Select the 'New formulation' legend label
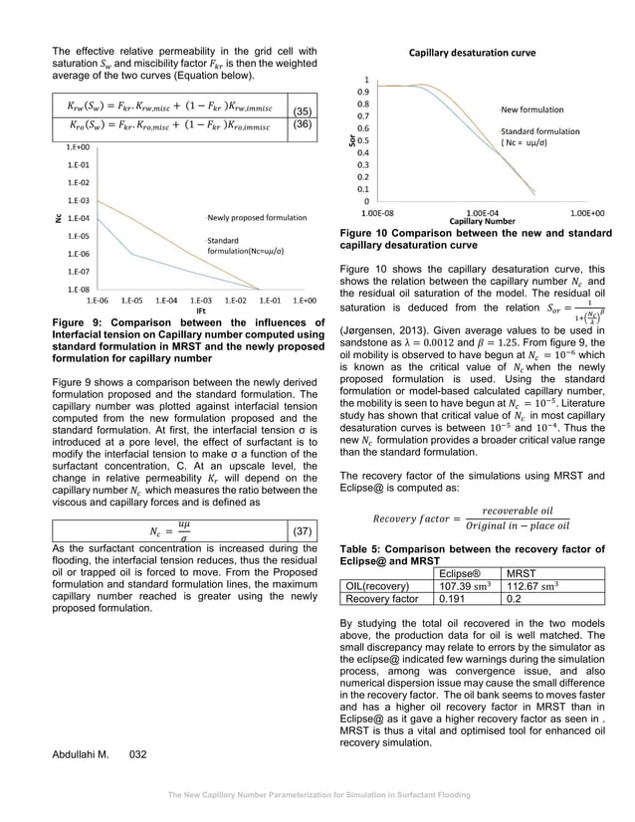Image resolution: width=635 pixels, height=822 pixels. [x=531, y=108]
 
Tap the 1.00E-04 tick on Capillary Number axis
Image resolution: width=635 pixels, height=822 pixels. [x=481, y=212]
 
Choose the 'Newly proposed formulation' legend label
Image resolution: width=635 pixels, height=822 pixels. [x=257, y=217]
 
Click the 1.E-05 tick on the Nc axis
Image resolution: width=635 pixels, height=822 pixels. [x=76, y=236]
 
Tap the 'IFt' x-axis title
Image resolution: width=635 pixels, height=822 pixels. [x=201, y=309]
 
